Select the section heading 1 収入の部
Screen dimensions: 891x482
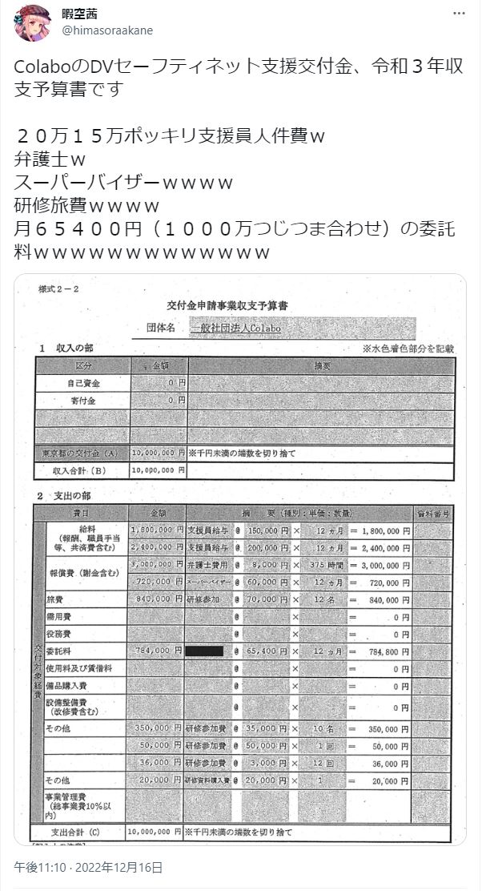(x=68, y=349)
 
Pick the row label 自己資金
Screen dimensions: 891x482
(x=82, y=383)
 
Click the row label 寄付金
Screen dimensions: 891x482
(x=82, y=399)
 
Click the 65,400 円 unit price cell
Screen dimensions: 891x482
(x=263, y=651)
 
